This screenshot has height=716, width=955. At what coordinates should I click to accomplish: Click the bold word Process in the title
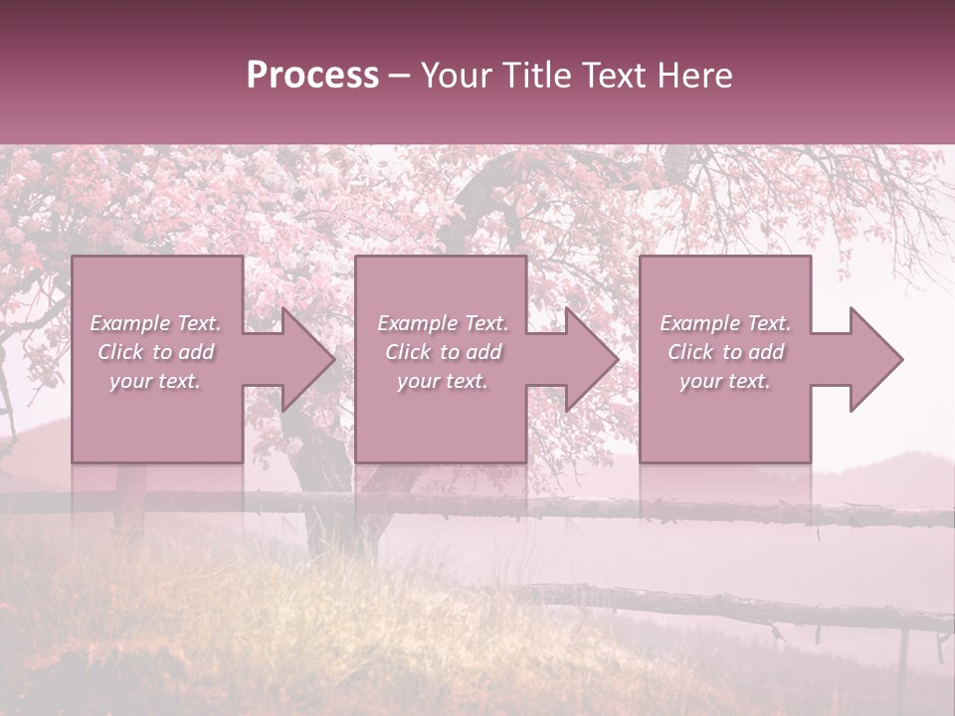(312, 76)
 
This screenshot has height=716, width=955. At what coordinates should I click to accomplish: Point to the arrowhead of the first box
(307, 359)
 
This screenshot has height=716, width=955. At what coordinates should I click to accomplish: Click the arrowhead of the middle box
(591, 359)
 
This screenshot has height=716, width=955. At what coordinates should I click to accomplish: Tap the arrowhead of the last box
(875, 359)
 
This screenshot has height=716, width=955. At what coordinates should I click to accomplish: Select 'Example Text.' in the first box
(155, 323)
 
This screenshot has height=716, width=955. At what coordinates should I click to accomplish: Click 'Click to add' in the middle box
(443, 352)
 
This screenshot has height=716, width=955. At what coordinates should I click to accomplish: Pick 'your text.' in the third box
(725, 381)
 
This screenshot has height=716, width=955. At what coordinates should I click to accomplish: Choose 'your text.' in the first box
(155, 381)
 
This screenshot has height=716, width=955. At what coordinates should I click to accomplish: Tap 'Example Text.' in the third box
(725, 323)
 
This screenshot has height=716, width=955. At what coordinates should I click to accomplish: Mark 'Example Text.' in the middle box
(443, 323)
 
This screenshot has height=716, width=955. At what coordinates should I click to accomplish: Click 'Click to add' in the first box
(155, 352)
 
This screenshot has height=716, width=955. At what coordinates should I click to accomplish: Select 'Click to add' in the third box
(725, 352)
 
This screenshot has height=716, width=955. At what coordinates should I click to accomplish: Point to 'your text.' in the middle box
(443, 381)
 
